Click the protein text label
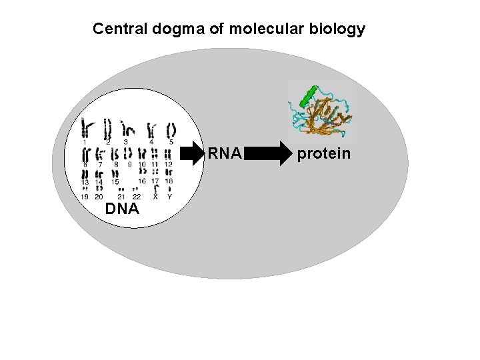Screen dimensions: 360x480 click(x=323, y=154)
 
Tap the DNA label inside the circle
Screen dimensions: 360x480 click(x=121, y=209)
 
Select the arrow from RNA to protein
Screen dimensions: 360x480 click(x=269, y=155)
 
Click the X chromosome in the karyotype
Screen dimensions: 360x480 click(x=155, y=189)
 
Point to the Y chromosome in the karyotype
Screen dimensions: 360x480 click(x=169, y=189)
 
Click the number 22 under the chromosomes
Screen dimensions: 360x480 click(x=136, y=197)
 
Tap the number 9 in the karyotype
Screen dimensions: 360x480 click(x=129, y=164)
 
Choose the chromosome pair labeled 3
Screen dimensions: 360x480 click(x=127, y=129)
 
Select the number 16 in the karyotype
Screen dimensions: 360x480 click(x=141, y=181)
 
